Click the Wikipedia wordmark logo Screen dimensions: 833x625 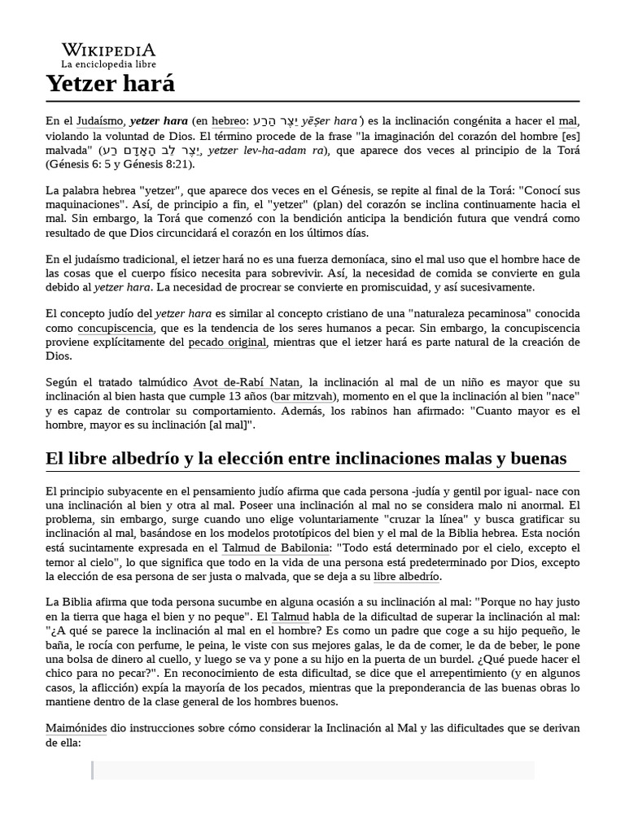tap(108, 50)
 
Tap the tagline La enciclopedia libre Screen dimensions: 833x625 tap(108, 63)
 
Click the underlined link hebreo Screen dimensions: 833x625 tap(228, 121)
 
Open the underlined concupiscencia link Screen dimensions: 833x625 tap(115, 329)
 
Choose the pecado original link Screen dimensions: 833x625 tap(227, 342)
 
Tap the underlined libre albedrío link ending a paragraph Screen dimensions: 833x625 tap(406, 577)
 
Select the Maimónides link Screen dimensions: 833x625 tap(76, 729)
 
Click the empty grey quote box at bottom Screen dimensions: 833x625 tap(313, 770)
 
